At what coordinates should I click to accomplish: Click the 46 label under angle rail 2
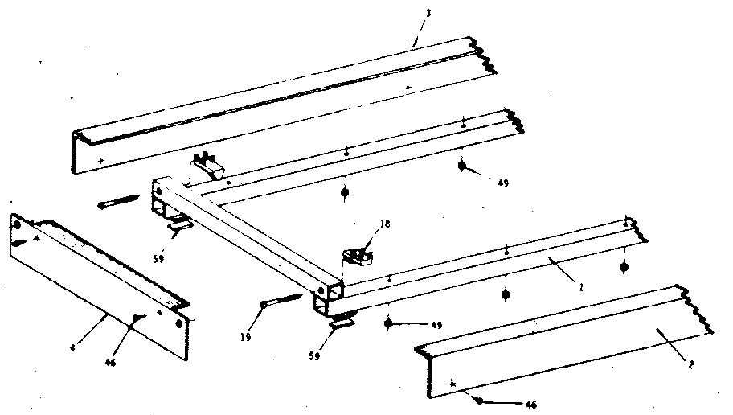(531, 404)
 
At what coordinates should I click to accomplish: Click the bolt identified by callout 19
(280, 301)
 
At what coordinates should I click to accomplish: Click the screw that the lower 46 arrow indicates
(478, 399)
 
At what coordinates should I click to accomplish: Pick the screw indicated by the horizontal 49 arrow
(389, 323)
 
